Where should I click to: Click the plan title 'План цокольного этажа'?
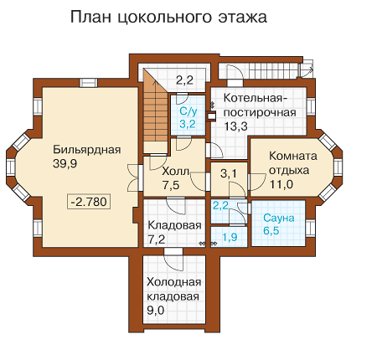point(168,18)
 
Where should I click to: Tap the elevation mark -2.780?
point(89,202)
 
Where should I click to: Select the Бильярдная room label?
point(87,150)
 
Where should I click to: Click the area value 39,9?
point(65,164)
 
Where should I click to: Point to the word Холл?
point(175,171)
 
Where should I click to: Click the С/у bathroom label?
point(188,111)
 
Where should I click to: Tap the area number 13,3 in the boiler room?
point(236,126)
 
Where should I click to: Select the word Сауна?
point(279,218)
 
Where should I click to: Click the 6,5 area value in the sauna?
point(271,231)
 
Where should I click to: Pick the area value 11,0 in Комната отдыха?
point(281,184)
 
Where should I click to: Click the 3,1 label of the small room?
point(229,173)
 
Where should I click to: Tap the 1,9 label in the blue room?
point(230,237)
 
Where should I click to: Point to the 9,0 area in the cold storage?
point(156,311)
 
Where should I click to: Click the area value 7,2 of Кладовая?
point(156,239)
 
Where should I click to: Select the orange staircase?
point(155,111)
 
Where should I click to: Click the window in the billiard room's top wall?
point(89,83)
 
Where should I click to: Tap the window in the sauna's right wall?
point(311,228)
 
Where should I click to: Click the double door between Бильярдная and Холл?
point(136,178)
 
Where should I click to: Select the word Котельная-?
point(256,98)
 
